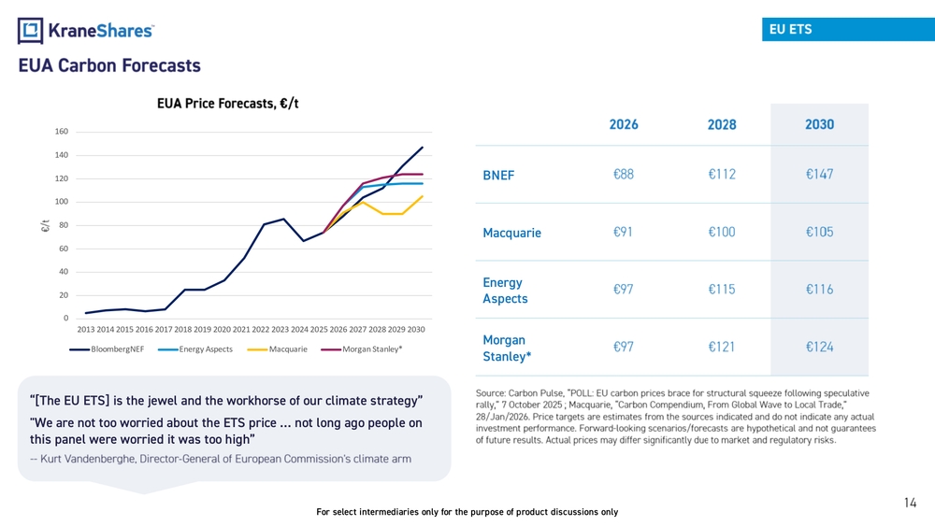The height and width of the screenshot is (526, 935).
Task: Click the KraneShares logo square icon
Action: [31, 31]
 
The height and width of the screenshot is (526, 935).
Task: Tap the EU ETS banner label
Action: [790, 29]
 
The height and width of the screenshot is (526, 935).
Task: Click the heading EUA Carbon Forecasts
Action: [109, 65]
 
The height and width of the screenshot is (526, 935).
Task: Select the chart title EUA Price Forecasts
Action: [228, 104]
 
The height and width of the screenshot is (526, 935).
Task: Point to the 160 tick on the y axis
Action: [62, 131]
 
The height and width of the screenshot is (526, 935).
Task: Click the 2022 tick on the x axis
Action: [261, 330]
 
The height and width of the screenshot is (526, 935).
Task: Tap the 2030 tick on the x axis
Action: [416, 330]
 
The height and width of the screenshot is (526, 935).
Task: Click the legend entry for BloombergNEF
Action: [107, 349]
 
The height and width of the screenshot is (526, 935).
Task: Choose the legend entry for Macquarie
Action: [278, 349]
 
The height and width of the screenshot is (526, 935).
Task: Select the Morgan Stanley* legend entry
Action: [361, 349]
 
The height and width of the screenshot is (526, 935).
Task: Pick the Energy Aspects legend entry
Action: [195, 349]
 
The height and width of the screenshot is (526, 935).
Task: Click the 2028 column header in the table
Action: [722, 124]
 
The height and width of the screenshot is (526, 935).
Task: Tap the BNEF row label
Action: [498, 175]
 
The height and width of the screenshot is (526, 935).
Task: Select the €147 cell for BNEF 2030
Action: [819, 174]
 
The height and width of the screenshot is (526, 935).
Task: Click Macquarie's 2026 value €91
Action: [623, 232]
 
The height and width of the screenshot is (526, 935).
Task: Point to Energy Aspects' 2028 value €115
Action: [722, 290]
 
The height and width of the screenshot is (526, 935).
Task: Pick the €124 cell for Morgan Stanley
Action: [819, 347]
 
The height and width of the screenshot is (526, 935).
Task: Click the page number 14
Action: [910, 503]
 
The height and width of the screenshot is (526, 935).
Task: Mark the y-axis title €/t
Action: [45, 226]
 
